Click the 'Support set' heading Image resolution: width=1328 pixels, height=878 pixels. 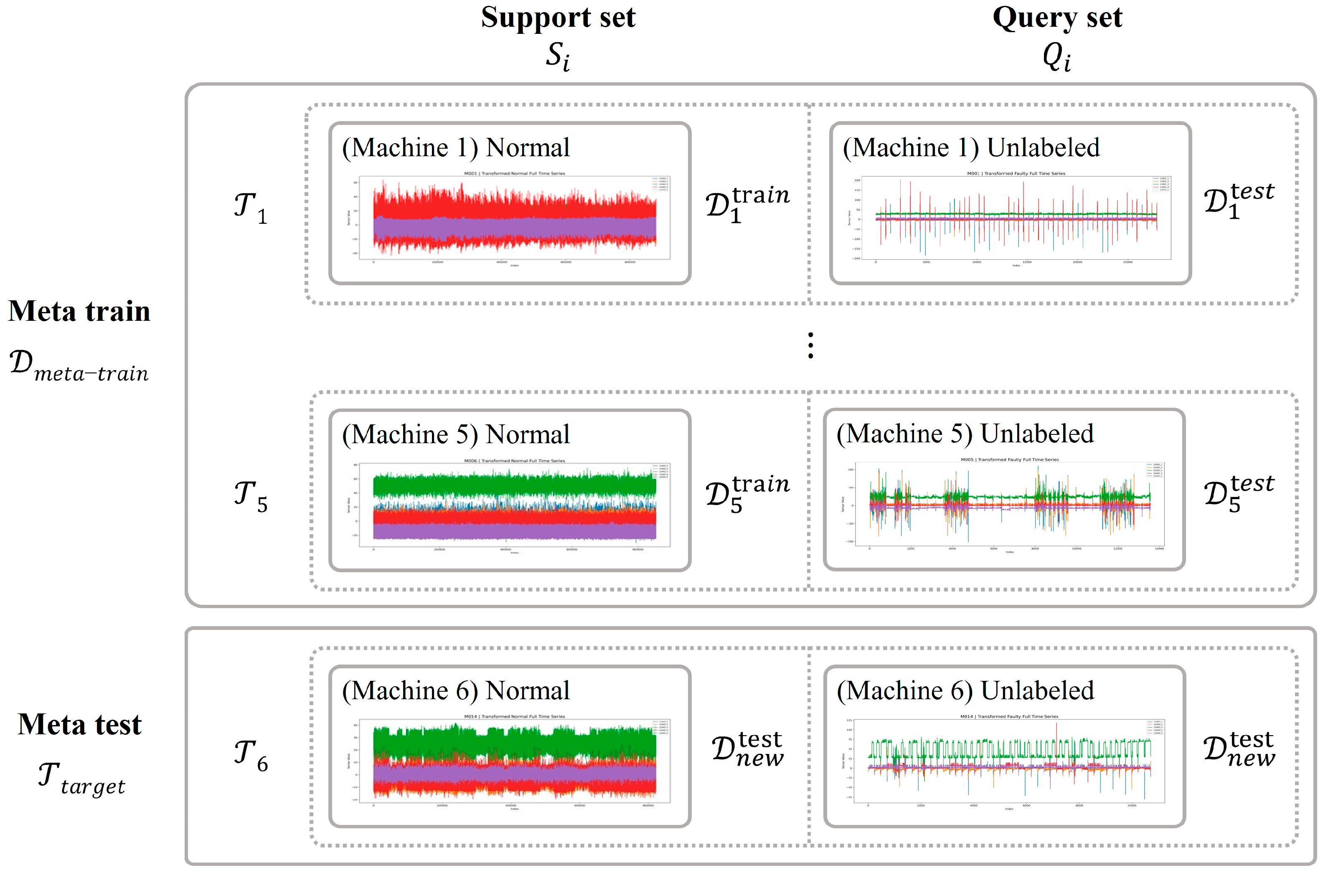pyautogui.click(x=558, y=18)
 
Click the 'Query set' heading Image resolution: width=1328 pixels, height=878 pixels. pyautogui.click(x=1056, y=18)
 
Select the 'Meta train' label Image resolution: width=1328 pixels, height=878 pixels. pyautogui.click(x=79, y=311)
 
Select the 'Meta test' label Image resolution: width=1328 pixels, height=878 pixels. pyautogui.click(x=79, y=725)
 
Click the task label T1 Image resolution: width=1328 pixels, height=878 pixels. pyautogui.click(x=250, y=208)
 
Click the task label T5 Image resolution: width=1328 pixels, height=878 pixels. pyautogui.click(x=250, y=496)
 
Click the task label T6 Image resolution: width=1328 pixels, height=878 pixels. pyautogui.click(x=250, y=756)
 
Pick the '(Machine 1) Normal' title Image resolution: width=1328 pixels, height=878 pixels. pyautogui.click(x=456, y=148)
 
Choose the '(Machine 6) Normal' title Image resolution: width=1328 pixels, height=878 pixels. pyautogui.click(x=456, y=691)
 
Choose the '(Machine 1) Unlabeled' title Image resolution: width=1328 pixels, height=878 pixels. pyautogui.click(x=971, y=148)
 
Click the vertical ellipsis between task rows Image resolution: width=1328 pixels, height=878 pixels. pyautogui.click(x=810, y=345)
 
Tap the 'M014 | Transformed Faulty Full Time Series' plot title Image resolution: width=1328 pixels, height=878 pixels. pyautogui.click(x=1009, y=716)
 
